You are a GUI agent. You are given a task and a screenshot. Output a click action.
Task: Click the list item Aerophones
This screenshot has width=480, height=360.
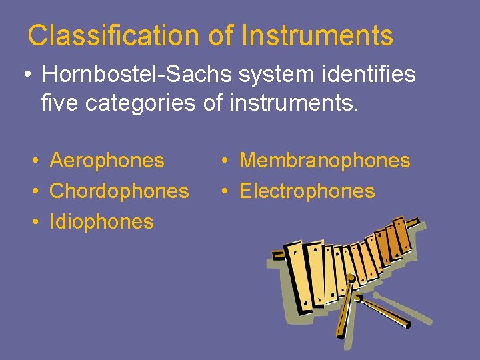click(107, 160)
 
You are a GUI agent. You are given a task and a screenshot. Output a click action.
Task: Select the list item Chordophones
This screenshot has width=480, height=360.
click(119, 191)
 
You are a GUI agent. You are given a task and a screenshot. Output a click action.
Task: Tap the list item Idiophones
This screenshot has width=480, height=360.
click(101, 221)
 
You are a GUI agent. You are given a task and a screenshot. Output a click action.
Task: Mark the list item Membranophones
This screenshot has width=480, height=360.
click(324, 160)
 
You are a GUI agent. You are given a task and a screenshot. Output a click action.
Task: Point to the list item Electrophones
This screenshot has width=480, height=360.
click(307, 191)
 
